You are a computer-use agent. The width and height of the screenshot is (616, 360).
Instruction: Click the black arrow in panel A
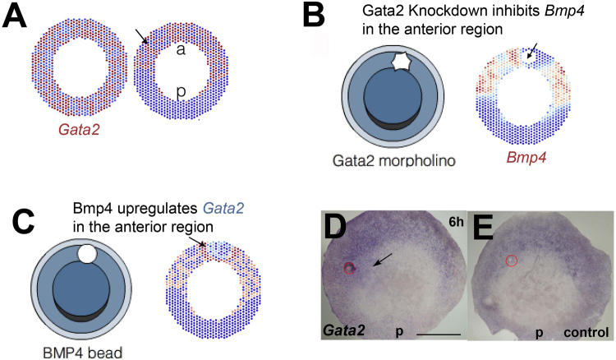[141, 35]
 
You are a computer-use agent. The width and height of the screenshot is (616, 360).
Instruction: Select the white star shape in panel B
[403, 62]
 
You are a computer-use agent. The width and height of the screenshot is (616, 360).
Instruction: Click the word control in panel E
[586, 334]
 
